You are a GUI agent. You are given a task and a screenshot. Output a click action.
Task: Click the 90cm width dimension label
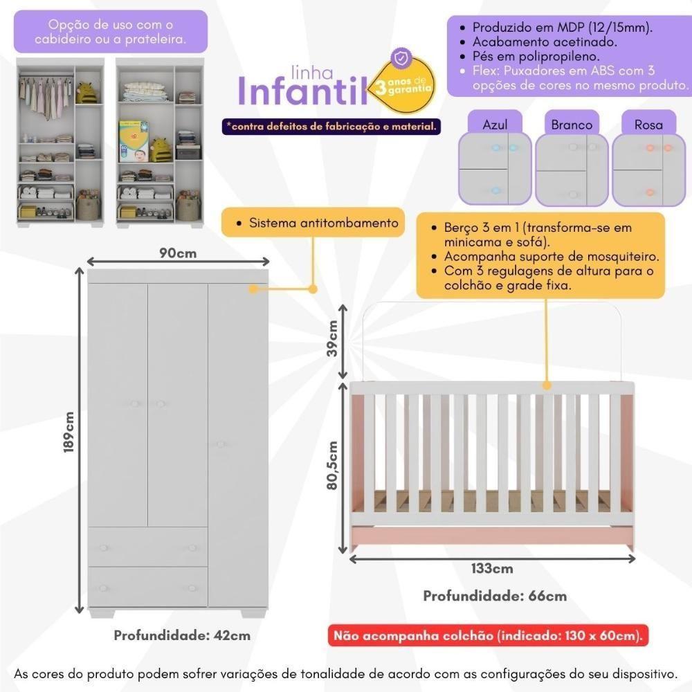[178, 253]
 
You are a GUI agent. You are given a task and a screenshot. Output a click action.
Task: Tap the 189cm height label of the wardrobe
[69, 432]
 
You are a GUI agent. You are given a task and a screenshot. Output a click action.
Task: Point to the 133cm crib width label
[492, 569]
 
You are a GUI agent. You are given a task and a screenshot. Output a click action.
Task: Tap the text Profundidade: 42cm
[182, 635]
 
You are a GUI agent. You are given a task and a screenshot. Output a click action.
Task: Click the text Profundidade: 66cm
[495, 596]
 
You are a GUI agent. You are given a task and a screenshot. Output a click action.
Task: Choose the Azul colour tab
[495, 125]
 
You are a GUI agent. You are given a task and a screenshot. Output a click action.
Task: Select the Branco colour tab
[572, 125]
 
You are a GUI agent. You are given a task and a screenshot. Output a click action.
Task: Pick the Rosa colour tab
[648, 125]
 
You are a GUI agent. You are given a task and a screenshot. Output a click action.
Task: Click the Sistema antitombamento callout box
[313, 224]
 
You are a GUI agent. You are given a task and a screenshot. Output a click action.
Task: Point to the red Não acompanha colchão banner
[490, 635]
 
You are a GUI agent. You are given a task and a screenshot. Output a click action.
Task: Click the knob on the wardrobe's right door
[221, 444]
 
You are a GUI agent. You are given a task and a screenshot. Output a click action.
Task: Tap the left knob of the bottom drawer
[103, 588]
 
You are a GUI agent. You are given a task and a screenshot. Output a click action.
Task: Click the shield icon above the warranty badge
[401, 56]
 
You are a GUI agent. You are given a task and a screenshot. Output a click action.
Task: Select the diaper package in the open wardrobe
[134, 141]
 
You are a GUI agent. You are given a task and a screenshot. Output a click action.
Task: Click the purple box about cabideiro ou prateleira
[111, 31]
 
